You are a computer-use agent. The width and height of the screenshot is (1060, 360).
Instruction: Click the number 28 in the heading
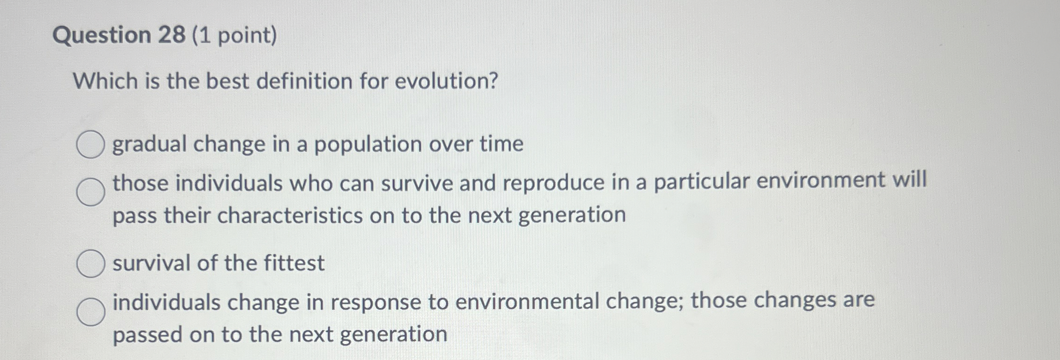click(171, 36)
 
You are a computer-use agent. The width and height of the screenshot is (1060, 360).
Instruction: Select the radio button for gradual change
click(90, 145)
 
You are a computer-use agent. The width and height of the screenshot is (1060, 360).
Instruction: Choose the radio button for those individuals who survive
click(91, 192)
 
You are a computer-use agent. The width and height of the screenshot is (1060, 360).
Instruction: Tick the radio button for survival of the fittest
click(90, 264)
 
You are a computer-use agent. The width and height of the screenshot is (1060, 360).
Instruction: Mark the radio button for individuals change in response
click(91, 312)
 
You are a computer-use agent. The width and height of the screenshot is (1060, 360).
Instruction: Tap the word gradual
click(149, 145)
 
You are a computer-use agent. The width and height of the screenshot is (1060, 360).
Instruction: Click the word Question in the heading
click(102, 36)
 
